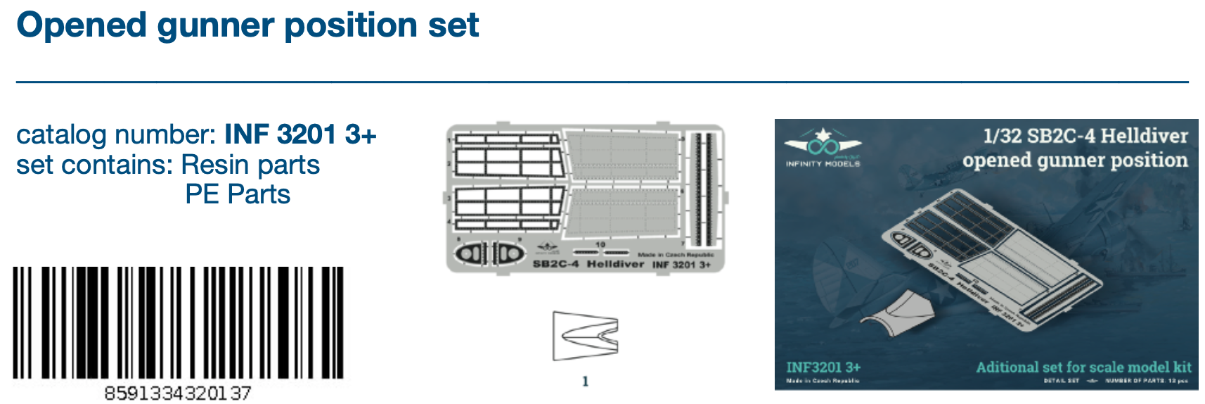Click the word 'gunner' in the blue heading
216,26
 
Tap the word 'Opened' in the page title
81,26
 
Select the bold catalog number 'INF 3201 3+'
300,134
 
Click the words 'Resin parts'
250,165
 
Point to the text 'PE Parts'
238,194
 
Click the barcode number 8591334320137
177,393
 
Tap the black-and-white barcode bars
179,323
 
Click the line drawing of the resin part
585,336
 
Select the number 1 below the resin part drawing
585,381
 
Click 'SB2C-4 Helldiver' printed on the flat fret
588,264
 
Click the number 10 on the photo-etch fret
600,245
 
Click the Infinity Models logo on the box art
823,149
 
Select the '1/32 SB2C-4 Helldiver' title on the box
1085,136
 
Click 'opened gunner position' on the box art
1074,160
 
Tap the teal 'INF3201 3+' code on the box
823,367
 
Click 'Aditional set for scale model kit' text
1083,367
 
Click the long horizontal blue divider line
602,82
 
